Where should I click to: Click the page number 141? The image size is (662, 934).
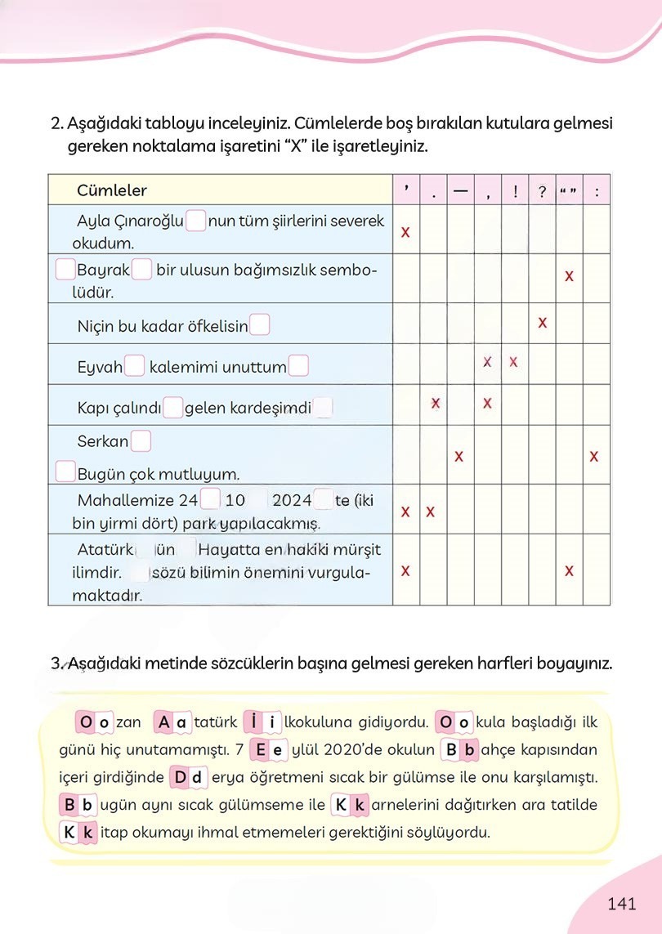(x=622, y=903)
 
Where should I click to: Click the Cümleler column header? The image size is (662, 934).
(x=112, y=190)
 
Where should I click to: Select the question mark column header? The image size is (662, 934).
(x=542, y=192)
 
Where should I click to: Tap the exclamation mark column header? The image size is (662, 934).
(x=514, y=192)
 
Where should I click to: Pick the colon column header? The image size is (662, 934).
(x=597, y=193)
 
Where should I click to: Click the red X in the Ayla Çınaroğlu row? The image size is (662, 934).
(x=405, y=233)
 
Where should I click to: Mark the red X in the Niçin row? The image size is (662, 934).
(x=542, y=323)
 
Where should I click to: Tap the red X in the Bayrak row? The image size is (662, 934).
(x=569, y=276)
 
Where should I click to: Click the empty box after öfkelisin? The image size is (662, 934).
(x=260, y=326)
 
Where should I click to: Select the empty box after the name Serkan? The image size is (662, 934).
(x=141, y=441)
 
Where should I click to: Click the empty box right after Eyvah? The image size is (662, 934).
(x=136, y=367)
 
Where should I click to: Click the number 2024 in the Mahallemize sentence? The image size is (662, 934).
(x=292, y=500)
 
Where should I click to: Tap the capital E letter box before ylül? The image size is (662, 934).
(x=260, y=750)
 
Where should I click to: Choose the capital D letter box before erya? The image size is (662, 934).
(x=180, y=777)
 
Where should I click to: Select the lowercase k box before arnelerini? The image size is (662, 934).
(x=360, y=805)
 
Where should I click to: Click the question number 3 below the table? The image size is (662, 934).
(x=56, y=664)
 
